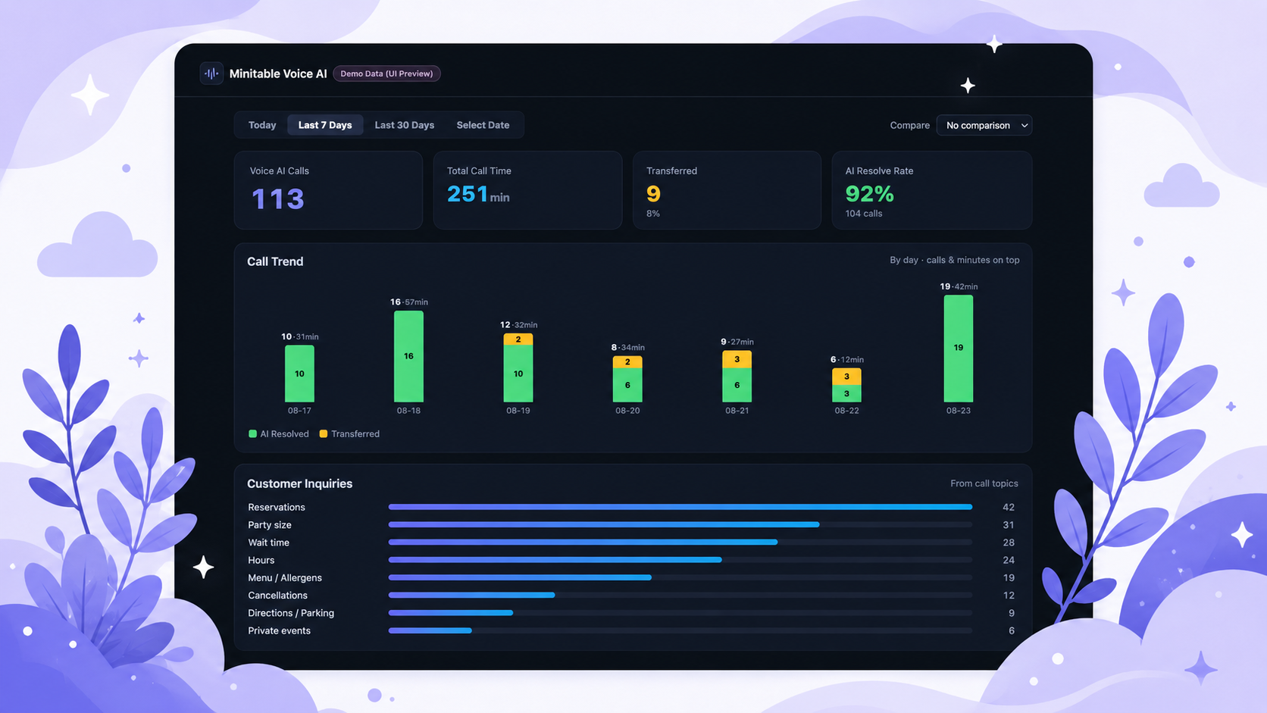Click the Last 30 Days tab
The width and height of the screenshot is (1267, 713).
405,125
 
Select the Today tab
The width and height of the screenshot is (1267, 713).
262,125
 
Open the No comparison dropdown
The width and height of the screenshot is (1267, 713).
984,126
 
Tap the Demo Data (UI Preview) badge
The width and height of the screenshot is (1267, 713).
387,73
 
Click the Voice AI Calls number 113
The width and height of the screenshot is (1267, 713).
277,199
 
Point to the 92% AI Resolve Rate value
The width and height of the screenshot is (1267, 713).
869,194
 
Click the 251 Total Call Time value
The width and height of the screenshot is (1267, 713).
468,194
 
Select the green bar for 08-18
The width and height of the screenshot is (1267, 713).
408,356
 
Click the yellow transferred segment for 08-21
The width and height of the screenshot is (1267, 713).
737,359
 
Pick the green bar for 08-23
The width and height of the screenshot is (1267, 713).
958,349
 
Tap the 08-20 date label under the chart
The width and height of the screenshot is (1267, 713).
627,411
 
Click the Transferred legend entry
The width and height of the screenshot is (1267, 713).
349,433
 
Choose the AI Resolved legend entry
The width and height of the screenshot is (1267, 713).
279,433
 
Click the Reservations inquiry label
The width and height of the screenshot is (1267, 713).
276,507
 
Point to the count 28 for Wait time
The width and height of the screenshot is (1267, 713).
1009,543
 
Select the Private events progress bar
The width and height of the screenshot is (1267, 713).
430,630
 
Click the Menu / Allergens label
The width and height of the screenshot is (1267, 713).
284,578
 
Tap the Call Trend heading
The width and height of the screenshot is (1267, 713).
275,261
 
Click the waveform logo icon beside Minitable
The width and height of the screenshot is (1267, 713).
211,73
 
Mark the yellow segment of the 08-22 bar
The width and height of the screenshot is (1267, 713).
846,377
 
